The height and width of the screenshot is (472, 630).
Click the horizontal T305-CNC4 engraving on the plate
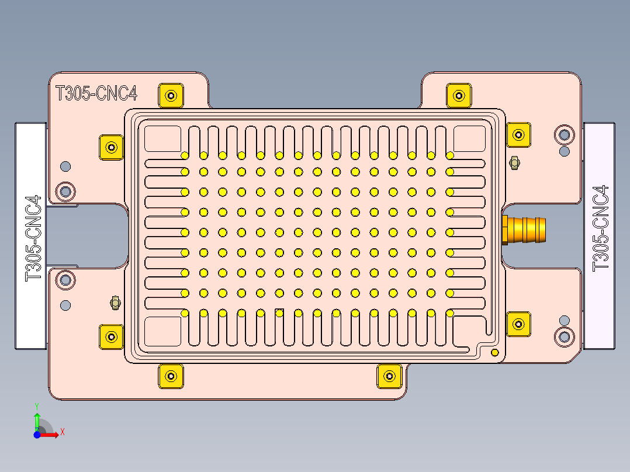tap(96, 93)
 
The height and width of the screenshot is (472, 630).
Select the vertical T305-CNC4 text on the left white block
tap(33, 238)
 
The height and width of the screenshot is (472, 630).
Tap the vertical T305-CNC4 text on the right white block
tap(601, 228)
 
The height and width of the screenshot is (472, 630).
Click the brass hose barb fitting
tap(525, 228)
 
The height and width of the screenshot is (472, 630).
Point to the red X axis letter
tap(63, 432)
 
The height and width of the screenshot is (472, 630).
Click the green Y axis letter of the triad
tap(37, 405)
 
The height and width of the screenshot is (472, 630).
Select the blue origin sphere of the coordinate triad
tap(37, 435)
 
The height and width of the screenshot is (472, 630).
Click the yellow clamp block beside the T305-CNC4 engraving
tap(171, 95)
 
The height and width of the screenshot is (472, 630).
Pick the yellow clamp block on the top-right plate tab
tap(459, 95)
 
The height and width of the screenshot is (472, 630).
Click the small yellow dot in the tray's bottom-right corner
tap(495, 352)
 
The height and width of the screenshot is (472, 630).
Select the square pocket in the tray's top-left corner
tap(162, 138)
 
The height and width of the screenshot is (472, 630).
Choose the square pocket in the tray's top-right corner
tap(470, 138)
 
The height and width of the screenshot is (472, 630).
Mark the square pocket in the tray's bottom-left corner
tap(162, 330)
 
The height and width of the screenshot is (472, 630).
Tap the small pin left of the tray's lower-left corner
tap(115, 302)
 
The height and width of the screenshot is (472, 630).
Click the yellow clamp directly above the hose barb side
tap(518, 135)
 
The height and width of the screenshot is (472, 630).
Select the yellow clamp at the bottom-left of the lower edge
tap(171, 376)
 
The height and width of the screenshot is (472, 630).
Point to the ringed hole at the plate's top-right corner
tap(565, 135)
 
